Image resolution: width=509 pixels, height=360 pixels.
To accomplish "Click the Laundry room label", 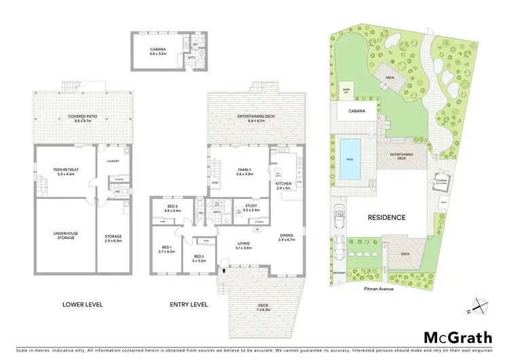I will click(113, 161).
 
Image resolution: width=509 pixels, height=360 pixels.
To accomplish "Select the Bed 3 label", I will click(172, 208).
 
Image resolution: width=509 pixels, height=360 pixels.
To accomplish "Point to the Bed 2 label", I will click(198, 257).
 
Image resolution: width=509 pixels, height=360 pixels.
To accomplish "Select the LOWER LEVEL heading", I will click(82, 305).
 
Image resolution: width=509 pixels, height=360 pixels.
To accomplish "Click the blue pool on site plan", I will click(350, 160).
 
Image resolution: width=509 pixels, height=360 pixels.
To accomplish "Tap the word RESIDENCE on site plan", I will click(387, 218).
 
